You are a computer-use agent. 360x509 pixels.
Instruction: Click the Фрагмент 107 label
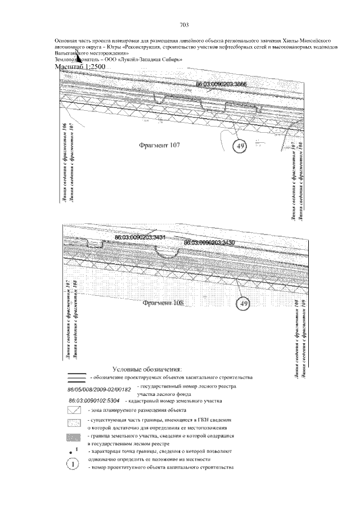tap(159, 145)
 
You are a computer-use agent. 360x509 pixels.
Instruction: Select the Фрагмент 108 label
tap(163, 303)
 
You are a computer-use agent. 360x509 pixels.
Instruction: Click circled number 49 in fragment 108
tap(244, 304)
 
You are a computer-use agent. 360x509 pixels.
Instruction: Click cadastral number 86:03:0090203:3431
tap(139, 238)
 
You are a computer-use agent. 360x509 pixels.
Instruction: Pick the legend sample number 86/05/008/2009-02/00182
tap(99, 389)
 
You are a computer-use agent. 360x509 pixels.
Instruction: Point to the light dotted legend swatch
tap(75, 424)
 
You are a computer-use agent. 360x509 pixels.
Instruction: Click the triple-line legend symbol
tap(75, 377)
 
